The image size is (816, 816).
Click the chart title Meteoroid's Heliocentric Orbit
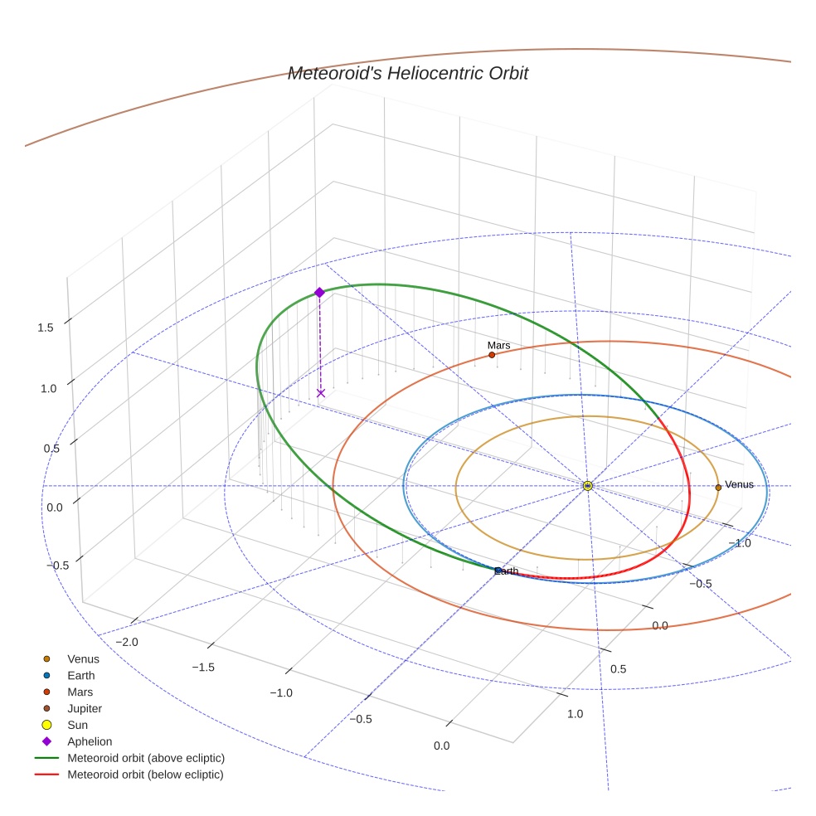408,74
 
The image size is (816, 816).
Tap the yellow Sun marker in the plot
587,485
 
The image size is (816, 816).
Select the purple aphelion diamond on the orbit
319,292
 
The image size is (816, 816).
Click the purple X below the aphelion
321,393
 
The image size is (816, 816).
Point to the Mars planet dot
492,355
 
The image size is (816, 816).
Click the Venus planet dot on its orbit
718,487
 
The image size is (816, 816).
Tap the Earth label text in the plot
507,571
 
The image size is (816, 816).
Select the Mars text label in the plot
498,345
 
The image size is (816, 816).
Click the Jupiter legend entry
84,708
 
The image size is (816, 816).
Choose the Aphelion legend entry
89,741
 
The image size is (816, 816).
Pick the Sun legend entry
76,725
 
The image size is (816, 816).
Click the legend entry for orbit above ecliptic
146,758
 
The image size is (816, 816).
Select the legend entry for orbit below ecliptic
145,775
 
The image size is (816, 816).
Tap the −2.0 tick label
126,642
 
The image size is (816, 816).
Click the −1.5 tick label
204,668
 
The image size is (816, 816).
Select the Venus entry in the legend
83,658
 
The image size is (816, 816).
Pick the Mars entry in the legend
80,692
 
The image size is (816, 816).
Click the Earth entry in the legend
80,675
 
